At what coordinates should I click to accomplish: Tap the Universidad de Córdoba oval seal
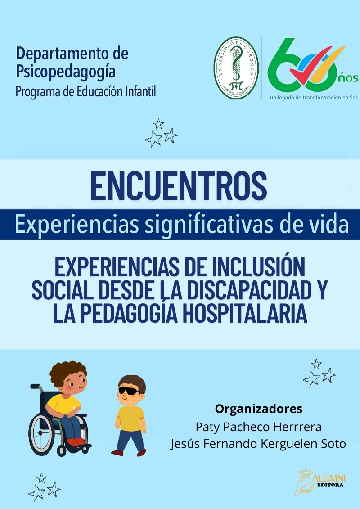(x=236, y=68)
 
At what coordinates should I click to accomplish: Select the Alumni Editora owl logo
(x=320, y=482)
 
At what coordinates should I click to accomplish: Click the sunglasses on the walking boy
(x=130, y=391)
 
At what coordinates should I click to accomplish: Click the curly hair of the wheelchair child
(x=68, y=372)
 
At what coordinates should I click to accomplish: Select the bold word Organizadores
(x=259, y=409)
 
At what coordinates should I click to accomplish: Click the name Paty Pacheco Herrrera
(x=258, y=427)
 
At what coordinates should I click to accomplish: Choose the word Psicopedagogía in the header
(x=66, y=72)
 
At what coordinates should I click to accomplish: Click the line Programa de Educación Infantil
(x=86, y=91)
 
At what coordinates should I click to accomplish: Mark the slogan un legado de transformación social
(x=314, y=97)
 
